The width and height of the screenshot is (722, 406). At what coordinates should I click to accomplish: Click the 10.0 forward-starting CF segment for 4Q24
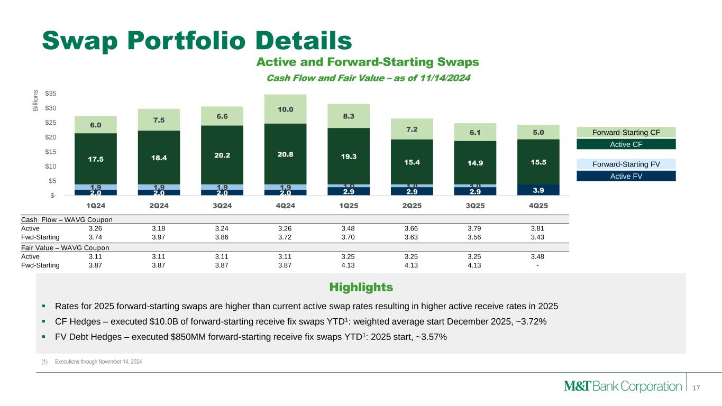[x=285, y=109]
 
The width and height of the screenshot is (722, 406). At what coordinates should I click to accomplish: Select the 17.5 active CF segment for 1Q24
[x=95, y=158]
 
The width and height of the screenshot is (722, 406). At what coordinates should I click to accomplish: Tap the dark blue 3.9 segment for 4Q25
[x=538, y=190]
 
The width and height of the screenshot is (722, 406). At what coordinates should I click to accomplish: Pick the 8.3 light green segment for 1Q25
[x=349, y=116]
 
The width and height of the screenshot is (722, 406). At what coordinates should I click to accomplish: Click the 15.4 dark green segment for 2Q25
[x=411, y=162]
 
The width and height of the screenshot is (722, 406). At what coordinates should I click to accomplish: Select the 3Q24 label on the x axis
[x=222, y=205]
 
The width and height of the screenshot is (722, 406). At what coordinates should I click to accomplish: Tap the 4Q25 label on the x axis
[x=538, y=205]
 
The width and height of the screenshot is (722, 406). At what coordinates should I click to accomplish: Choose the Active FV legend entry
[x=626, y=176]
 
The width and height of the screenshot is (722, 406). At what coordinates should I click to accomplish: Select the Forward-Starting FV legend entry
[x=626, y=164]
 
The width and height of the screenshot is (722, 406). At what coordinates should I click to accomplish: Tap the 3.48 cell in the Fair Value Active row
[x=537, y=256]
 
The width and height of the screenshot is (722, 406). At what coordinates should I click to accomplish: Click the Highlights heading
[x=361, y=288]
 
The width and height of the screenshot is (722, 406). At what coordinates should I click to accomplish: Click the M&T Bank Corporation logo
[x=623, y=386]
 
